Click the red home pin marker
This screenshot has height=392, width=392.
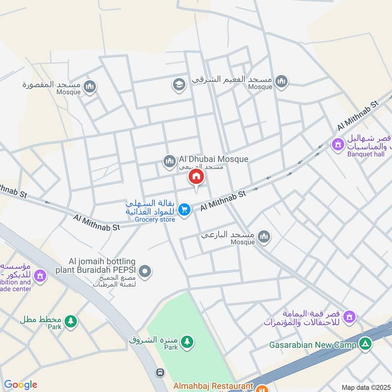(196, 177)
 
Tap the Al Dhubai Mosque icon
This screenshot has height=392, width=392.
(169, 160)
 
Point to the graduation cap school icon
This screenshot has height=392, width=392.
(178, 85)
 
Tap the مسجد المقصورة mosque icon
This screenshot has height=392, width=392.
(90, 88)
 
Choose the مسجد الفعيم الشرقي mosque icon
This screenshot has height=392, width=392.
(281, 81)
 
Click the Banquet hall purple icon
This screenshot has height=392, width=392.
(338, 145)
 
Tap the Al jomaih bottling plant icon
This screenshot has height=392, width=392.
(145, 270)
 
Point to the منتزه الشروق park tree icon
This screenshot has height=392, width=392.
(186, 342)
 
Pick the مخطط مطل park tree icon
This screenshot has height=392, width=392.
(72, 321)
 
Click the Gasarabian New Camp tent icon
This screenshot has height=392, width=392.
(365, 344)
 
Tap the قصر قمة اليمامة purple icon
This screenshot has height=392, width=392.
(349, 317)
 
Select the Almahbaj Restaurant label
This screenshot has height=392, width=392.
(213, 386)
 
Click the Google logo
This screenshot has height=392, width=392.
(21, 385)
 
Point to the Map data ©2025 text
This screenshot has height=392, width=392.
(365, 387)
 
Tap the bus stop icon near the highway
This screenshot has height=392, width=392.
(160, 372)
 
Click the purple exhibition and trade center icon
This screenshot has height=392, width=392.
(40, 276)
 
